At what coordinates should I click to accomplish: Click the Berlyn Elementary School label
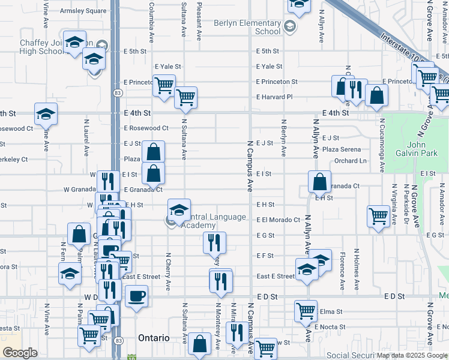click(x=247, y=27)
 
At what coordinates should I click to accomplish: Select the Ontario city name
click(x=154, y=338)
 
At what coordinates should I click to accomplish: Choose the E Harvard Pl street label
click(x=274, y=97)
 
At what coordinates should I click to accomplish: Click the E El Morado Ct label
click(x=278, y=220)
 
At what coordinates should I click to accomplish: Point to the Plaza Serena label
click(x=341, y=149)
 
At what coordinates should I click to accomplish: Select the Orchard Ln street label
click(x=350, y=161)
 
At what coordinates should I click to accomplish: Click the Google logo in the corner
click(x=20, y=353)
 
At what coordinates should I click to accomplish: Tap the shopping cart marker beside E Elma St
click(x=306, y=311)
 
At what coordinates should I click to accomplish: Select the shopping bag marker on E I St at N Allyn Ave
click(x=320, y=181)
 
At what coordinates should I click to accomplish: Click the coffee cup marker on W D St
click(x=136, y=296)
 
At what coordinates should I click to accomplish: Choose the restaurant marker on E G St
click(x=214, y=242)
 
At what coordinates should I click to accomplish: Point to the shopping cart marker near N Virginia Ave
click(x=379, y=215)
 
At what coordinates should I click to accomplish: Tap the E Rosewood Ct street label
click(x=146, y=128)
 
